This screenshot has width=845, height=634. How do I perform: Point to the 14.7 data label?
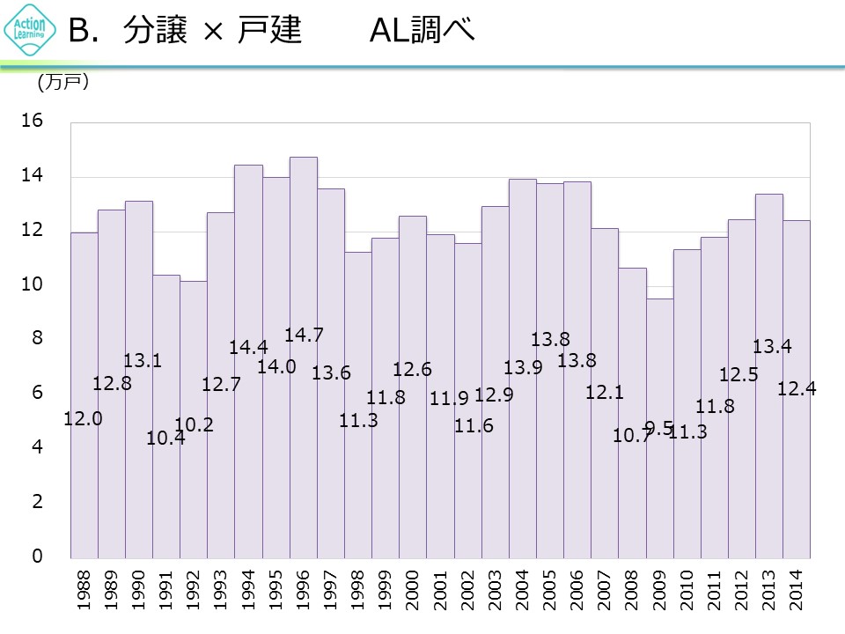304,335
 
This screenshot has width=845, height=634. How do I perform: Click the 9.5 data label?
659,428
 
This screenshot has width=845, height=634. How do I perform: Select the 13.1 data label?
143,360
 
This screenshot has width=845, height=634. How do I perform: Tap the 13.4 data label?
772,347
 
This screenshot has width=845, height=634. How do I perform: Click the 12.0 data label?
84,419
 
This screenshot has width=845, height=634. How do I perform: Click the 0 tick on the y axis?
38,557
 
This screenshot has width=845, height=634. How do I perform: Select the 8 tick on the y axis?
38,339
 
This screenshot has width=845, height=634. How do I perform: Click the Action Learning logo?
29,33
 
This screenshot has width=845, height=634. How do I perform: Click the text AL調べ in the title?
422,32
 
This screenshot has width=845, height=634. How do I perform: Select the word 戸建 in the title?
270,32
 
